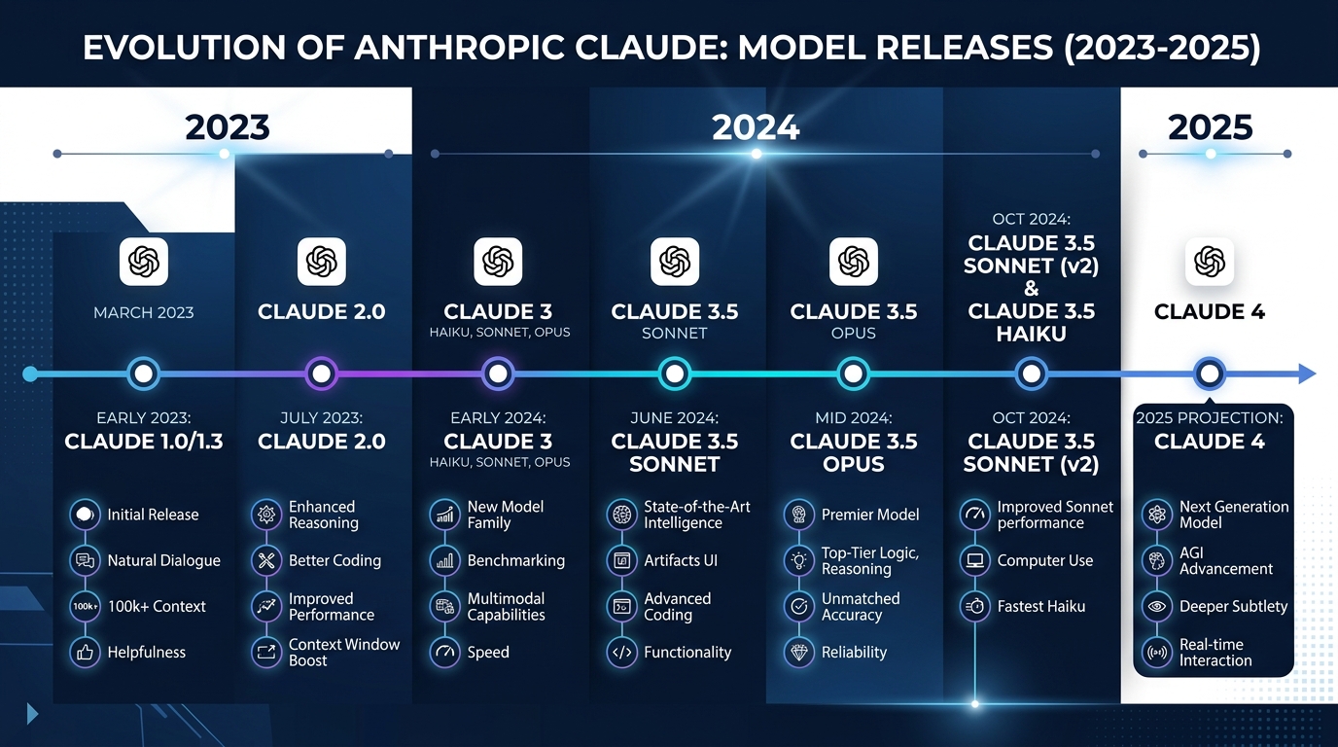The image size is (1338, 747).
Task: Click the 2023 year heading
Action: [x=228, y=127]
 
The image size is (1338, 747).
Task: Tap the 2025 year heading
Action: [x=1211, y=127]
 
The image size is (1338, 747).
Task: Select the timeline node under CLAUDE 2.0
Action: [x=321, y=373]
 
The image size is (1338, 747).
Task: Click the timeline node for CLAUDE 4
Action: [x=1209, y=373]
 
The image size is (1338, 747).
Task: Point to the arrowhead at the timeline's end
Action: [x=1307, y=373]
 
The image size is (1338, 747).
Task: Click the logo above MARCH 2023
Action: [x=144, y=262]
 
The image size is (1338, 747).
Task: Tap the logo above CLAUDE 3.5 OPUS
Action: [x=853, y=262]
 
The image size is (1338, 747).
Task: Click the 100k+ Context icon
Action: [x=86, y=606]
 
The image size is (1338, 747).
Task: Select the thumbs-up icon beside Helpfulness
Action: [x=86, y=652]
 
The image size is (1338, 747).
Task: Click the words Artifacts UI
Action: [x=681, y=560]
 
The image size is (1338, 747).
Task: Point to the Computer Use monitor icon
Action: [x=974, y=560]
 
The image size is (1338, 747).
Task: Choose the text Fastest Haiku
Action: [x=1040, y=606]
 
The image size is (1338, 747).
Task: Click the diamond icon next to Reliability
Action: [x=799, y=652]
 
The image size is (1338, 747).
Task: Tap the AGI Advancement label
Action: [x=1225, y=560]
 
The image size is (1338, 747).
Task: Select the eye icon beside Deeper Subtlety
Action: [x=1157, y=606]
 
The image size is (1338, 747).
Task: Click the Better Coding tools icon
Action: [x=266, y=560]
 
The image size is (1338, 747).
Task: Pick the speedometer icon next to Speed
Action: [x=444, y=652]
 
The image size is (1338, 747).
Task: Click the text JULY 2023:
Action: [x=321, y=417]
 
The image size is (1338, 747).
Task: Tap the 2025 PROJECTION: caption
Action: [x=1209, y=418]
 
